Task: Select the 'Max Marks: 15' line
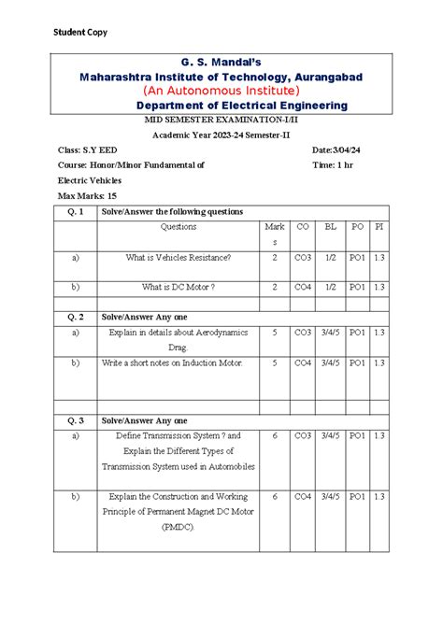click(87, 195)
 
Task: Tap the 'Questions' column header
click(179, 226)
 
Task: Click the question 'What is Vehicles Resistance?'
click(178, 257)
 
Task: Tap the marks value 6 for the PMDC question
click(274, 497)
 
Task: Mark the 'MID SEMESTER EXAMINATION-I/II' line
click(221, 121)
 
